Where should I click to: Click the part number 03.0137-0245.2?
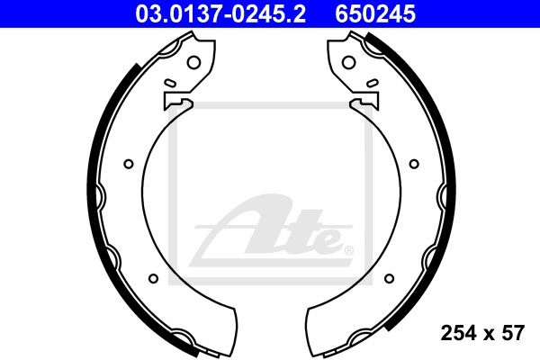(220, 14)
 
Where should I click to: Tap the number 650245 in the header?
(375, 14)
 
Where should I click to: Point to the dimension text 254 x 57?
(482, 333)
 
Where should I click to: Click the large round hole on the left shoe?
(193, 62)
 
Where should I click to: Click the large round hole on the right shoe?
(348, 62)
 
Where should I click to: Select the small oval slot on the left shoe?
(170, 83)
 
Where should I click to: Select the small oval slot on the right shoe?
(373, 83)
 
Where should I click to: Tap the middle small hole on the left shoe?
(129, 164)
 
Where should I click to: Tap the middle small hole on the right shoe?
(414, 164)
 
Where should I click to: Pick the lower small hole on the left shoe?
(154, 278)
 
